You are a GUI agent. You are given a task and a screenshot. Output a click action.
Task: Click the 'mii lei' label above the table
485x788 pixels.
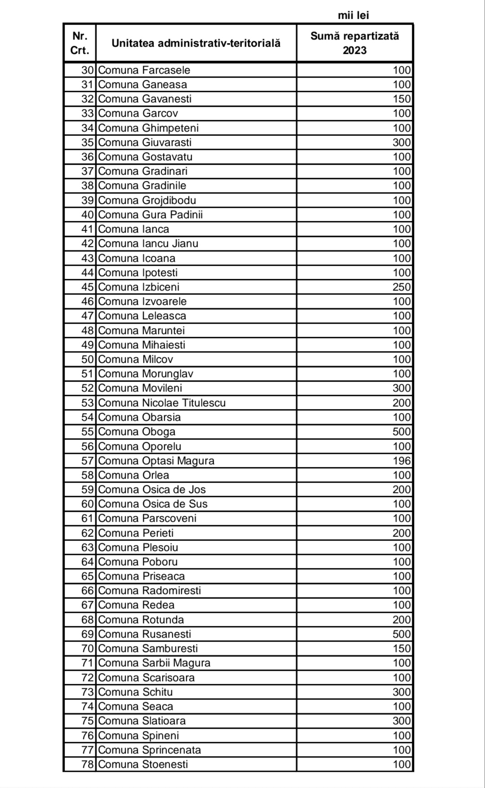353,15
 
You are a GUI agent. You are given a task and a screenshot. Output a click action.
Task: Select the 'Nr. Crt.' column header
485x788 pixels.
79,43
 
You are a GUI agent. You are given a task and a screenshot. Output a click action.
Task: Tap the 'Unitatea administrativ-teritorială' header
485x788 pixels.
196,43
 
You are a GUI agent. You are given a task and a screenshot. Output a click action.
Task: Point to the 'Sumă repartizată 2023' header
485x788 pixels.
354,43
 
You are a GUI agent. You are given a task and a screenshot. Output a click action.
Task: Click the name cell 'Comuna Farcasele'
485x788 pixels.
144,70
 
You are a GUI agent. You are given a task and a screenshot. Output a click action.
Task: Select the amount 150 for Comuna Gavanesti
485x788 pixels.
401,99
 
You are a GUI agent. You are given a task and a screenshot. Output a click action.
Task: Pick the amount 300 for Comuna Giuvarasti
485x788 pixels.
401,142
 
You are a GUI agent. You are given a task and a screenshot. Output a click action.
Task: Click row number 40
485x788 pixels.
87,215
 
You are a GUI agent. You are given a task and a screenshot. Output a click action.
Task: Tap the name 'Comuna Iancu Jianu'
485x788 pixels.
148,243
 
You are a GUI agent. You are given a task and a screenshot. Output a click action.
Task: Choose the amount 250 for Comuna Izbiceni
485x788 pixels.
401,287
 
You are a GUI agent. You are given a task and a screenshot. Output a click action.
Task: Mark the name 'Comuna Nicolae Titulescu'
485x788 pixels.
162,403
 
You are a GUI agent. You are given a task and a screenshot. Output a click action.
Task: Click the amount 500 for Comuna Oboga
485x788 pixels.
401,431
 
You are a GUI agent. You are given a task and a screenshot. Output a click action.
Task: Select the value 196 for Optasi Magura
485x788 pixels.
401,461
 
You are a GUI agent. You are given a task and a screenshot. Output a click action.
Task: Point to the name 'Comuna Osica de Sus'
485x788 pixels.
153,504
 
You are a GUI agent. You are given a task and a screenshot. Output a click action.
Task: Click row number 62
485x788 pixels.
87,533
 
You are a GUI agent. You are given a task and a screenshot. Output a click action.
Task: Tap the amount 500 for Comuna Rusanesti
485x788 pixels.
401,634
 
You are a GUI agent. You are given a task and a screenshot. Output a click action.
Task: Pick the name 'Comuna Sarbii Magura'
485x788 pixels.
154,663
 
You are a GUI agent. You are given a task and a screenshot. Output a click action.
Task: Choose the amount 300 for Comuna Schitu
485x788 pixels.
401,692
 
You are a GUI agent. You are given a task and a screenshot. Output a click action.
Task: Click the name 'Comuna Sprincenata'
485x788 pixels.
150,750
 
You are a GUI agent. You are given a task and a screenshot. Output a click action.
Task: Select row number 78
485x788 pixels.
87,764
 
